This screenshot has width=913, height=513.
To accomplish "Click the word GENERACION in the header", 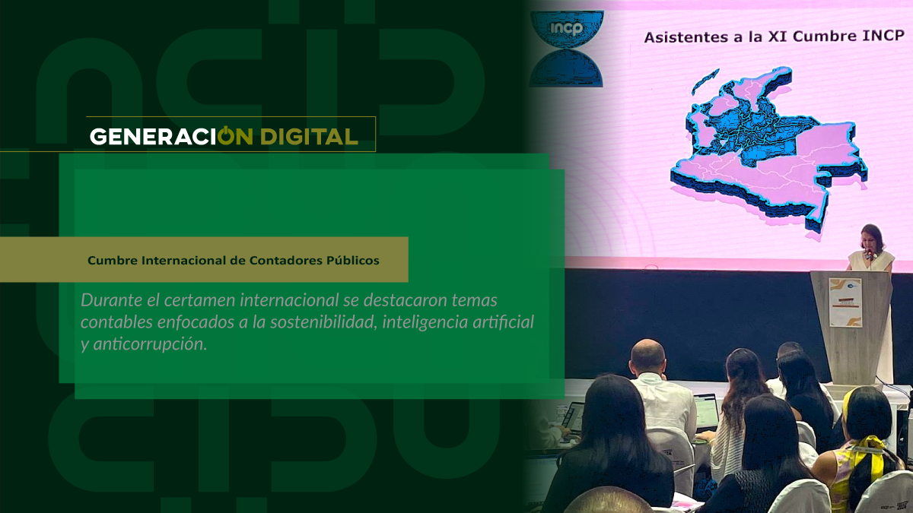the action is click(x=171, y=136).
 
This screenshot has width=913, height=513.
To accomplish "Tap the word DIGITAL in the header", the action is click(x=309, y=136).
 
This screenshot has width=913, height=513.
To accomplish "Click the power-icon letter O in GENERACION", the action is click(x=226, y=135).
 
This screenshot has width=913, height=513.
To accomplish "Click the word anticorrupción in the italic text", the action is click(x=150, y=345).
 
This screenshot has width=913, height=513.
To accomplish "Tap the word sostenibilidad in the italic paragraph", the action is click(x=323, y=322).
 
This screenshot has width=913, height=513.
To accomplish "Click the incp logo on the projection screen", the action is click(x=566, y=49).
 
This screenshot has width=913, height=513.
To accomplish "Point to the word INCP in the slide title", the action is click(x=883, y=36).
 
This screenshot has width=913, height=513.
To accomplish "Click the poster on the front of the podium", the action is click(x=846, y=302).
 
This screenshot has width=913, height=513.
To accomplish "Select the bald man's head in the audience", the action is click(x=647, y=357).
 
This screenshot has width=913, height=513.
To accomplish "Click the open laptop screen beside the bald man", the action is click(x=706, y=411).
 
